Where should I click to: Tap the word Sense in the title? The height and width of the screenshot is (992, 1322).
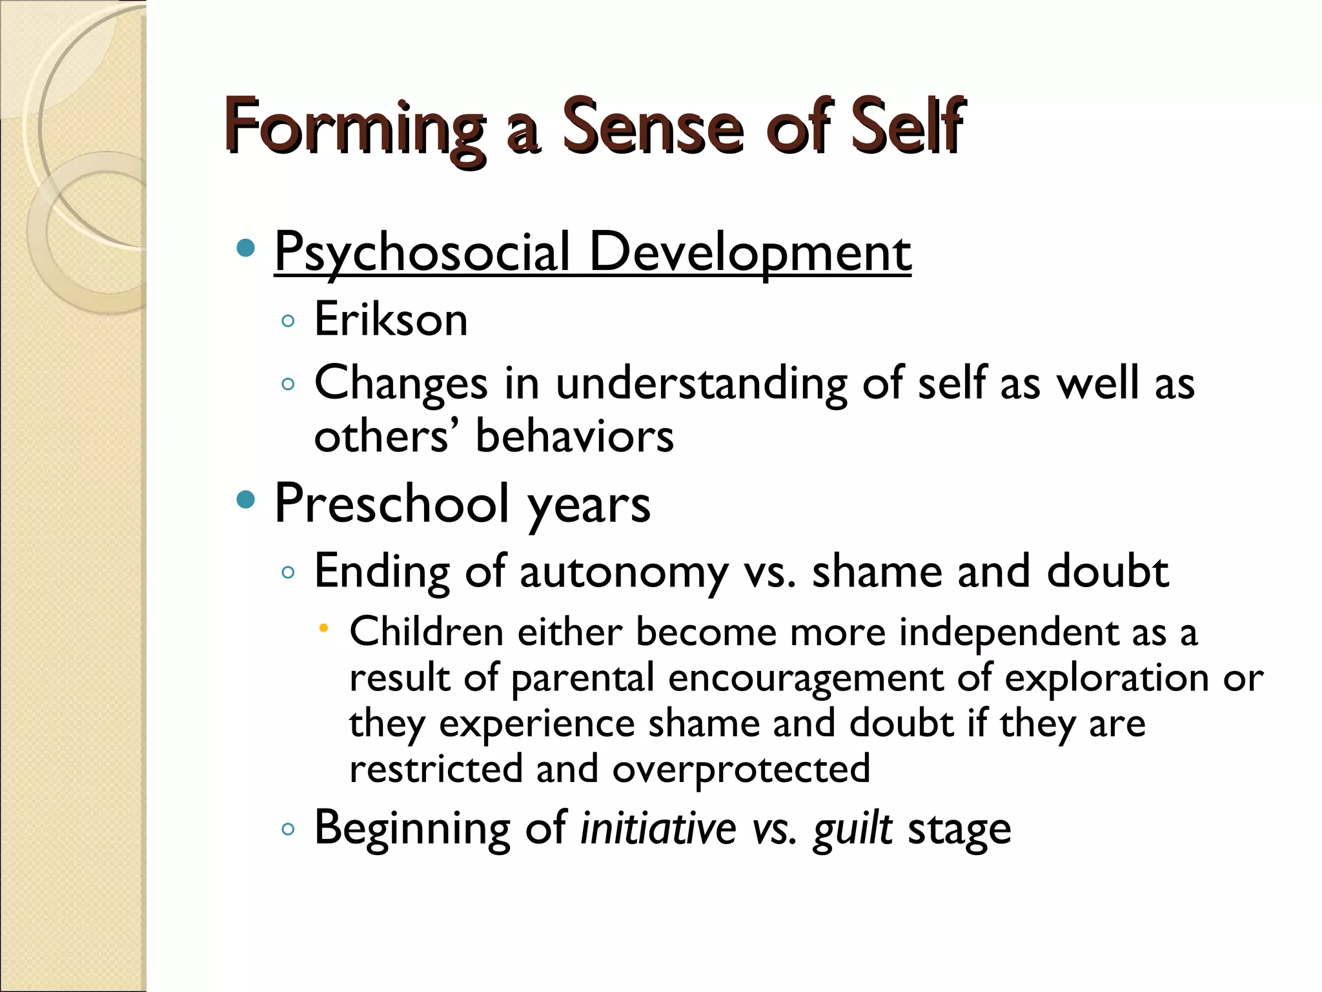click(x=653, y=126)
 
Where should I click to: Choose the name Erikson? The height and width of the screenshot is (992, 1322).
click(x=391, y=319)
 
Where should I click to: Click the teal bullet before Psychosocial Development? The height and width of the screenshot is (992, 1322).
click(x=246, y=249)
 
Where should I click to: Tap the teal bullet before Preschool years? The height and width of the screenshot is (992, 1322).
click(x=246, y=499)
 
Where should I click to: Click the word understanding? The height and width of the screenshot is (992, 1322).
click(x=701, y=384)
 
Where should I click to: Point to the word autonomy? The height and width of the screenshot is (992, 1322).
click(x=624, y=572)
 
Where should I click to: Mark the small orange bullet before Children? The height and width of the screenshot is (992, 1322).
click(x=324, y=627)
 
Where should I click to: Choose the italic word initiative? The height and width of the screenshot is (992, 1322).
click(x=658, y=828)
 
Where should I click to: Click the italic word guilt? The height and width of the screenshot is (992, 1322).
click(x=853, y=829)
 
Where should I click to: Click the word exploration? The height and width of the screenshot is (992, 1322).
click(x=1106, y=678)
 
